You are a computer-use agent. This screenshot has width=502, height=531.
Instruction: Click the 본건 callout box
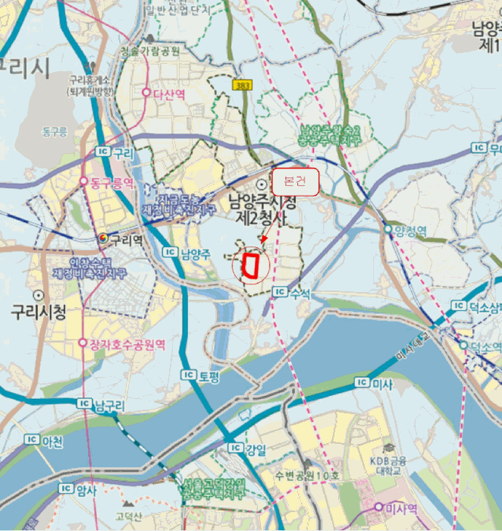pyautogui.click(x=294, y=182)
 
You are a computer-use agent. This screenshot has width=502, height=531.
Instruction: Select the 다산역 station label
pyautogui.click(x=169, y=93)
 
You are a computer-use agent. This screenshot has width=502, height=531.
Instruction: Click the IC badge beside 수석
pyautogui.click(x=280, y=291)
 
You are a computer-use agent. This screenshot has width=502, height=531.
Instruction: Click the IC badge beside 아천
pyautogui.click(x=32, y=439)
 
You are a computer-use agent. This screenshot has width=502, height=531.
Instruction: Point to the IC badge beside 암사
pyautogui.click(x=65, y=489)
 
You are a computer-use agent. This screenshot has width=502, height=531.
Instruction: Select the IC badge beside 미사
pyautogui.click(x=362, y=384)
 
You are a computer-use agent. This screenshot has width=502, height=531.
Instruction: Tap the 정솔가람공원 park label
pyautogui.click(x=149, y=51)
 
